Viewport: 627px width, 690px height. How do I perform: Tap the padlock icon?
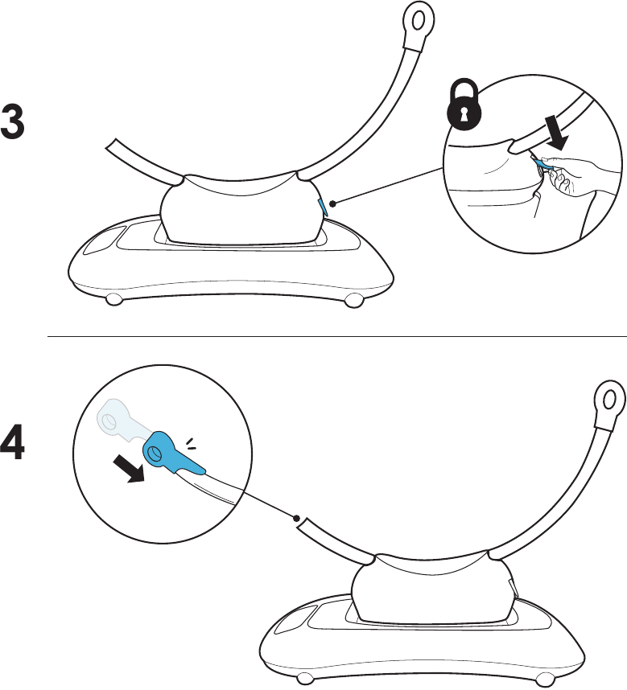tap(464, 103)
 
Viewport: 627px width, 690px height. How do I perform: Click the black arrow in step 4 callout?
tap(129, 468)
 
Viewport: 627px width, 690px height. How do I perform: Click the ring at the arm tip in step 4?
tap(610, 400)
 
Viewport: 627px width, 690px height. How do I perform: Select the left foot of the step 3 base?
tap(114, 299)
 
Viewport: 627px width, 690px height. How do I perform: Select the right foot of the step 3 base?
tap(353, 301)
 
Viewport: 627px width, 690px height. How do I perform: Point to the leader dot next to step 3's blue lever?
tap(333, 203)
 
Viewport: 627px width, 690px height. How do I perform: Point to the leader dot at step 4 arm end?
tap(297, 519)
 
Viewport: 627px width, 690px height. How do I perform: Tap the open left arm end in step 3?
tap(112, 146)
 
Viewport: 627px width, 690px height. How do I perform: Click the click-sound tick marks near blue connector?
tap(190, 445)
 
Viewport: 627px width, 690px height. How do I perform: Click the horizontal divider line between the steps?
tap(337, 337)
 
